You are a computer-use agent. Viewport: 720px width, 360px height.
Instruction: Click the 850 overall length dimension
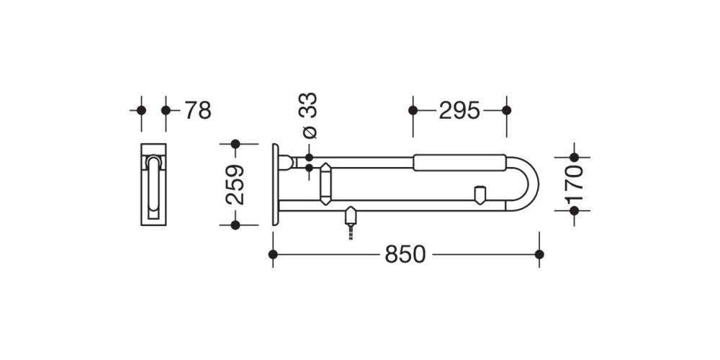405,254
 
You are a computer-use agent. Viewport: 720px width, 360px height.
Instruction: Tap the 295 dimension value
459,111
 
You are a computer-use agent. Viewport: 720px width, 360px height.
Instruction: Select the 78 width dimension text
198,111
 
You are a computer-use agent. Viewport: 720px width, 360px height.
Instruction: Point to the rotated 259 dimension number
235,184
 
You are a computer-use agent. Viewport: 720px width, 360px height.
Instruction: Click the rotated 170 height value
574,184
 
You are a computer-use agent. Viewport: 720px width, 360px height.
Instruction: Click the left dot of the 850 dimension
273,254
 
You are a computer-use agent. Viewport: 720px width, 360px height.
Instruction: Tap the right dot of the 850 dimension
539,254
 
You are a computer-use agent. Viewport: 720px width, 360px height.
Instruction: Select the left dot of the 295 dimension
413,110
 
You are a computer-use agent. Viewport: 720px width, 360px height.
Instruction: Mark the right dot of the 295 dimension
506,110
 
